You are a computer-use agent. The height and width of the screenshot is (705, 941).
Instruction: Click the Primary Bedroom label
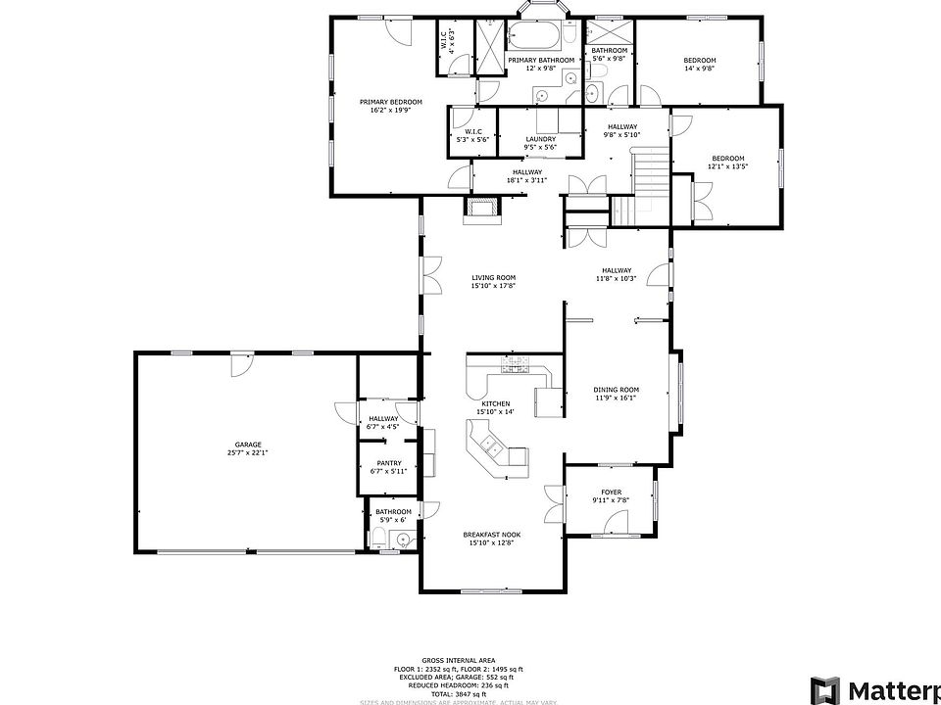point(390,102)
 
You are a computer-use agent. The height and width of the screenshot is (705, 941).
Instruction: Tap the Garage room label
point(247,445)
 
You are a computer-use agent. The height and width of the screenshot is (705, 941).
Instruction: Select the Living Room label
point(493,277)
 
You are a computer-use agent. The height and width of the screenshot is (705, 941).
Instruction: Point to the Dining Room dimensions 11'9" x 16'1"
point(616,398)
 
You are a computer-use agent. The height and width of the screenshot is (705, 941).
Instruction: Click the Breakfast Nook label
point(492,535)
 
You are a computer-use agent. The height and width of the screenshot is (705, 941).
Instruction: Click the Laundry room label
point(540,139)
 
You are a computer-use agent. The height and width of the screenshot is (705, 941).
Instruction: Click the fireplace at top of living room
point(482,208)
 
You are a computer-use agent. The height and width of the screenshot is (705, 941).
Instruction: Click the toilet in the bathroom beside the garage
point(378,535)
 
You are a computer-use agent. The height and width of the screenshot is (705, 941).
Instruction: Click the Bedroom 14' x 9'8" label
point(699,61)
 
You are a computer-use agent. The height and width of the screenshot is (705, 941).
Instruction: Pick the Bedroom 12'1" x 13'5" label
point(727,159)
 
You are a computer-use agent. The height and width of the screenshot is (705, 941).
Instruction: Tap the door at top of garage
point(238,363)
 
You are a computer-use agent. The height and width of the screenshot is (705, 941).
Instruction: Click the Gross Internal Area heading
point(459,661)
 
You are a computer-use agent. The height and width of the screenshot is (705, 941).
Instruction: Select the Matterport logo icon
point(824,688)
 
